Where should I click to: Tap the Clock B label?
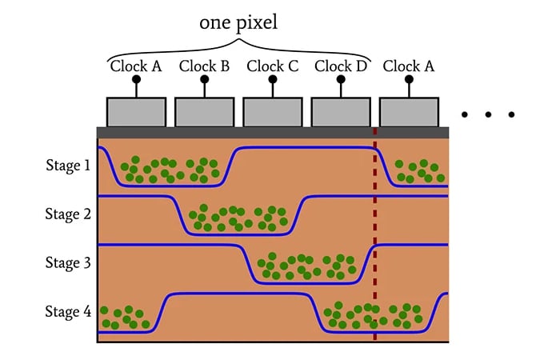[x=204, y=66]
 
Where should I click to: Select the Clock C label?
[x=273, y=66]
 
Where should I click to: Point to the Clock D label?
[x=341, y=66]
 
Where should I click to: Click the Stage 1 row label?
[x=68, y=165]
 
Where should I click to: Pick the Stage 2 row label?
[x=68, y=214]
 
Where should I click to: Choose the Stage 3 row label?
[x=68, y=262]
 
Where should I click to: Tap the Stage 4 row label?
[x=68, y=311]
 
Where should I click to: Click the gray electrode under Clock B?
[x=205, y=112]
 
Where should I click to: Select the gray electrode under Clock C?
[x=273, y=112]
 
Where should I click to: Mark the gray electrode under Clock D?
[x=341, y=112]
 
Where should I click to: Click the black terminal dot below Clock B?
[x=205, y=79]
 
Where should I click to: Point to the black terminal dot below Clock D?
[x=341, y=79]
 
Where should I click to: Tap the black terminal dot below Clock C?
[x=273, y=79]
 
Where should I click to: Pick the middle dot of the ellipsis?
[x=488, y=114]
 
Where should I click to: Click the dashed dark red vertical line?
[x=375, y=234]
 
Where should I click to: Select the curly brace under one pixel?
[x=238, y=49]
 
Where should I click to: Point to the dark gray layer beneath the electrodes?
[x=273, y=133]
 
